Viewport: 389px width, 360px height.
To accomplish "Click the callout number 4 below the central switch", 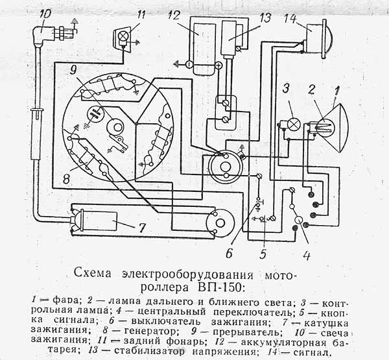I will [306, 254].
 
